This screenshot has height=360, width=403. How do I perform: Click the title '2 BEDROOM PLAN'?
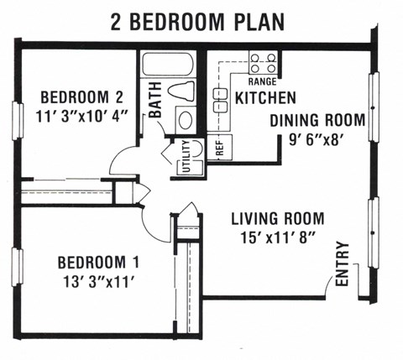pyautogui.click(x=197, y=22)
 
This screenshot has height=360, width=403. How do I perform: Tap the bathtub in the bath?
pyautogui.click(x=168, y=65)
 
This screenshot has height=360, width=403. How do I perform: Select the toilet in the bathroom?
pyautogui.click(x=181, y=91)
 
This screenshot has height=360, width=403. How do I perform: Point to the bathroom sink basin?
pyautogui.click(x=186, y=120)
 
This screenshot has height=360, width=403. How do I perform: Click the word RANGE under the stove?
pyautogui.click(x=263, y=81)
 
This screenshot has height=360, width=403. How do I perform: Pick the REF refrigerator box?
pyautogui.click(x=220, y=148)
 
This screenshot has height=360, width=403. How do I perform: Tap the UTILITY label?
pyautogui.click(x=186, y=156)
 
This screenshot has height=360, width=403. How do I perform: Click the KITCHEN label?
pyautogui.click(x=265, y=98)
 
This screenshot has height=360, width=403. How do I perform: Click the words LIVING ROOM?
pyautogui.click(x=278, y=218)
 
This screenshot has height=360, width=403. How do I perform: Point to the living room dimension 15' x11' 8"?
pyautogui.click(x=278, y=238)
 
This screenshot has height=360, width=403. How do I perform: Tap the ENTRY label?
pyautogui.click(x=343, y=263)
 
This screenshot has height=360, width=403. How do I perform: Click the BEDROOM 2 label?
pyautogui.click(x=81, y=97)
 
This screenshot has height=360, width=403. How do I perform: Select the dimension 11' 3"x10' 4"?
pyautogui.click(x=81, y=117)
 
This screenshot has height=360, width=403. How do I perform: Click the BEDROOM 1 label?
pyautogui.click(x=98, y=263)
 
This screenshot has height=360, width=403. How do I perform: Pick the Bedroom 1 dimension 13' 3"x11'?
pyautogui.click(x=98, y=282)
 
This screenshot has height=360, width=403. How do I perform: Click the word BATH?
pyautogui.click(x=155, y=100)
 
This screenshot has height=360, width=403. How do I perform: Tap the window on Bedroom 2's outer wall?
pyautogui.click(x=18, y=121)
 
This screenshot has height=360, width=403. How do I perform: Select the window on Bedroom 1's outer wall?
pyautogui.click(x=17, y=267)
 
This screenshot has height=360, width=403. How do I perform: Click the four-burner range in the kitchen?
pyautogui.click(x=264, y=64)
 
